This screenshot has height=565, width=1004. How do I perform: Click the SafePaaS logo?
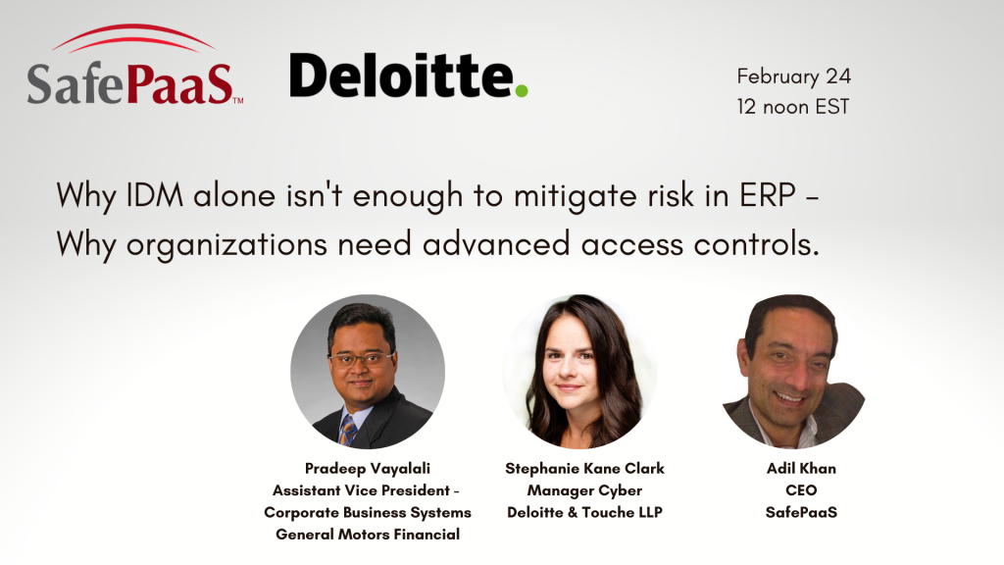(134, 65)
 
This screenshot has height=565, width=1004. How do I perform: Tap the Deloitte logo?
(409, 76)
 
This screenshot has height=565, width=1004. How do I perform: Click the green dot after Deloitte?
(522, 90)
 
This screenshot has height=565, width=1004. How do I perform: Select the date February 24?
(793, 77)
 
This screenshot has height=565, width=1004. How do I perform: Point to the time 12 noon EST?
(792, 106)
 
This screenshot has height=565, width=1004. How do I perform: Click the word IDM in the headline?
(154, 195)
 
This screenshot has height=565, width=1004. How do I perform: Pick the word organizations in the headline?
(226, 245)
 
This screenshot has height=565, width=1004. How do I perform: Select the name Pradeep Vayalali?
(368, 469)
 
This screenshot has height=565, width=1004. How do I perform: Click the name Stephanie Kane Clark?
(584, 469)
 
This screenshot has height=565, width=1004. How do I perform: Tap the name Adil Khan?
(801, 469)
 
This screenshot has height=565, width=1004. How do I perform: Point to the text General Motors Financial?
(368, 535)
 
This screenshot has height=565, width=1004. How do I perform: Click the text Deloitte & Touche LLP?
(584, 512)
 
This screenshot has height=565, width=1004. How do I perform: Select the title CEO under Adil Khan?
(801, 490)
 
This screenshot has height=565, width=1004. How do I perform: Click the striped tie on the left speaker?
(348, 430)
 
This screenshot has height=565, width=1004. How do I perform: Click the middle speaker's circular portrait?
(580, 372)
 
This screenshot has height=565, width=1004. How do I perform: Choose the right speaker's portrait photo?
(793, 372)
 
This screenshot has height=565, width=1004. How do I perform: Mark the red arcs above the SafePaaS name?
(133, 38)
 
